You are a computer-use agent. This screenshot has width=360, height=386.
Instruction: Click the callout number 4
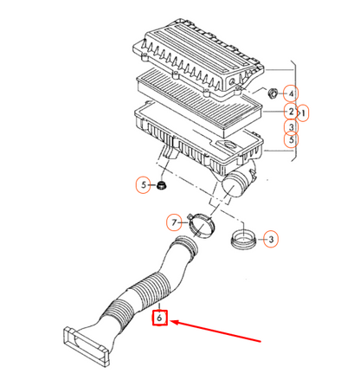[x=291, y=93]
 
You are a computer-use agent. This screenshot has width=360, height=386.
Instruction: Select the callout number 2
[x=291, y=112]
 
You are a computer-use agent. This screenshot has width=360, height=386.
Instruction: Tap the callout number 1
[x=303, y=113]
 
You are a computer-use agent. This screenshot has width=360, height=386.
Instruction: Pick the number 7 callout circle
[x=174, y=222]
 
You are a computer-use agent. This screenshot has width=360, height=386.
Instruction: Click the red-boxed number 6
[x=159, y=318]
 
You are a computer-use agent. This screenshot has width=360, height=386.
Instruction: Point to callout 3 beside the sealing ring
[x=271, y=239]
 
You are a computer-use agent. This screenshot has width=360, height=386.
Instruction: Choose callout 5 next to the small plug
[x=144, y=185]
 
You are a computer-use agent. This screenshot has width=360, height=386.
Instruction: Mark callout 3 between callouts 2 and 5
[x=291, y=126]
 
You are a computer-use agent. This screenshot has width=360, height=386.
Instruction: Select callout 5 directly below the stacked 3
[x=291, y=140]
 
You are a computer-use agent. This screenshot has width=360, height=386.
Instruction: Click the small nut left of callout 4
[x=273, y=93]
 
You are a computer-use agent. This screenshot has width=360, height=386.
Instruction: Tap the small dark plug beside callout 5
[x=161, y=185]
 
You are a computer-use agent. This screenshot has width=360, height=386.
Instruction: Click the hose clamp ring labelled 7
[x=202, y=225]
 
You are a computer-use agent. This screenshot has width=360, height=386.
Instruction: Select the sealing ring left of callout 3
[x=243, y=240]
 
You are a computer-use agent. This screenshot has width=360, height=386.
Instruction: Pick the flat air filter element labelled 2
[x=199, y=102]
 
